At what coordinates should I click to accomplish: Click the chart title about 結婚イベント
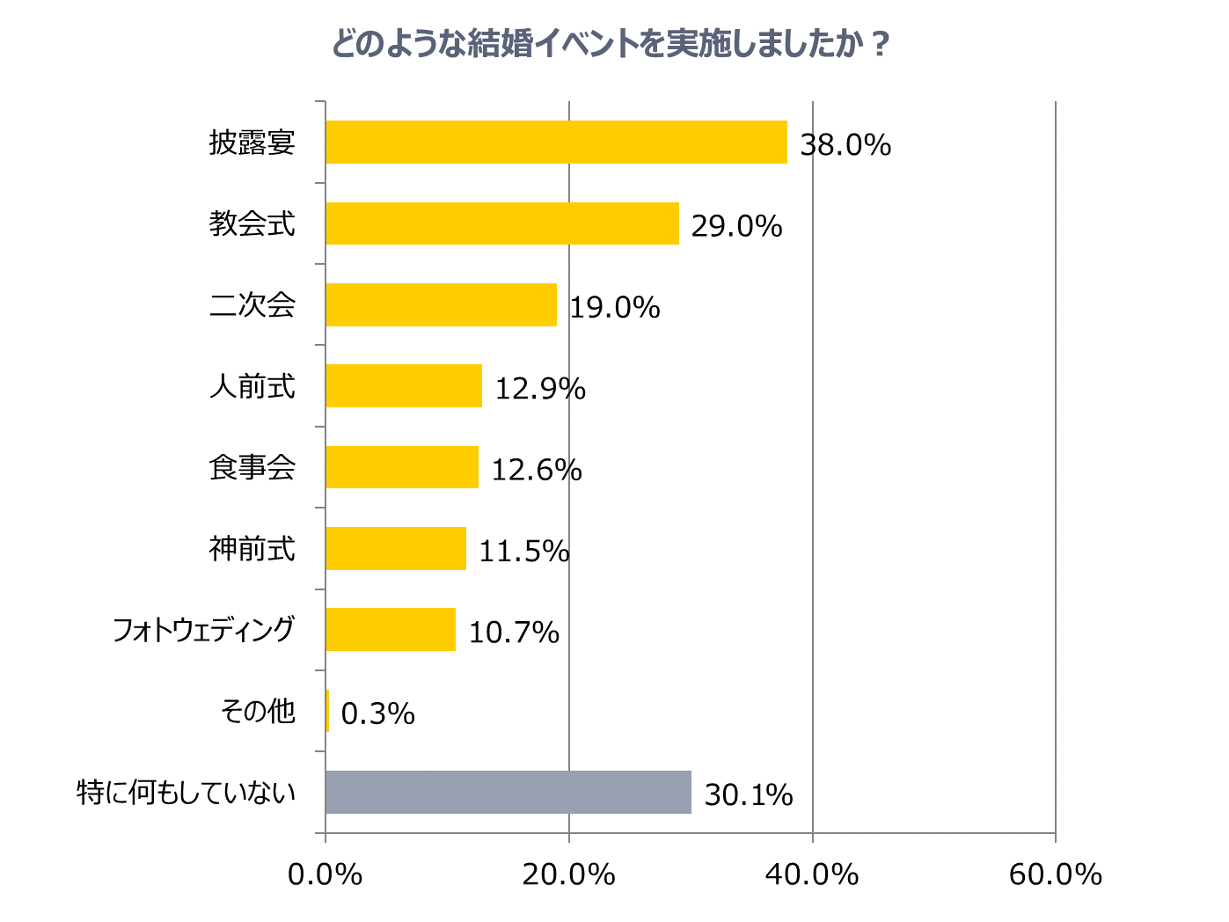pos(611,44)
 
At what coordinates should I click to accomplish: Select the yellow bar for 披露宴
pos(556,143)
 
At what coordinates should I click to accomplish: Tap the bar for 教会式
pos(502,223)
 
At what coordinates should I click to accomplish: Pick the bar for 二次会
pos(441,304)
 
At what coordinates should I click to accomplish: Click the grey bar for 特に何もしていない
pos(508,793)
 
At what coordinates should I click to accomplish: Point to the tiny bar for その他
pos(327,711)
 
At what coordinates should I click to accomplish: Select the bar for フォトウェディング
pos(391,630)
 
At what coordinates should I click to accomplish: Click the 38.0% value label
pos(845,145)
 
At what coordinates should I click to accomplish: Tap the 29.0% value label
pos(736,226)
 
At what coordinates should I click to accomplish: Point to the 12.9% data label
pos(540,389)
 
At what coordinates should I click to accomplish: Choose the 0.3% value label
pos(377,713)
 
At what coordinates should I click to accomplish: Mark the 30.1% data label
pos(749,795)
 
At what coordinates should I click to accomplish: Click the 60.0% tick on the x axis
pos(1055,874)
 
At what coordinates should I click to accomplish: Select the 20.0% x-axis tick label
pos(568,874)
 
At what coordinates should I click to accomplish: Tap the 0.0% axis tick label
pos(326,874)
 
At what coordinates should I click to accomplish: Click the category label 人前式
pos(252,386)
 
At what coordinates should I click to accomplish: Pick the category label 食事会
pos(252,467)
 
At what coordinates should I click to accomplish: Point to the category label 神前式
pos(252,549)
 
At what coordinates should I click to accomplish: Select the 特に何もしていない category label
pos(187,793)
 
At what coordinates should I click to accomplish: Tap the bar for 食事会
pos(402,467)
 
